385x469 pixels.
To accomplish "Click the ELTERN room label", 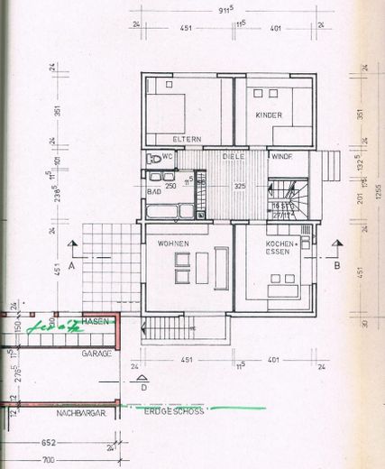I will (186, 139).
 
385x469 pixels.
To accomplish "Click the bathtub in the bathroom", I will (165, 212).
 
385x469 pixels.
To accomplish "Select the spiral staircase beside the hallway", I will (289, 196).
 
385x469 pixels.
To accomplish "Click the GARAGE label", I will (96, 354).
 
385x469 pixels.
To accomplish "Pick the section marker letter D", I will (145, 389).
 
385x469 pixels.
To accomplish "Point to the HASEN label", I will (95, 322).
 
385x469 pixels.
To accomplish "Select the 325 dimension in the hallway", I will (240, 186).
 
